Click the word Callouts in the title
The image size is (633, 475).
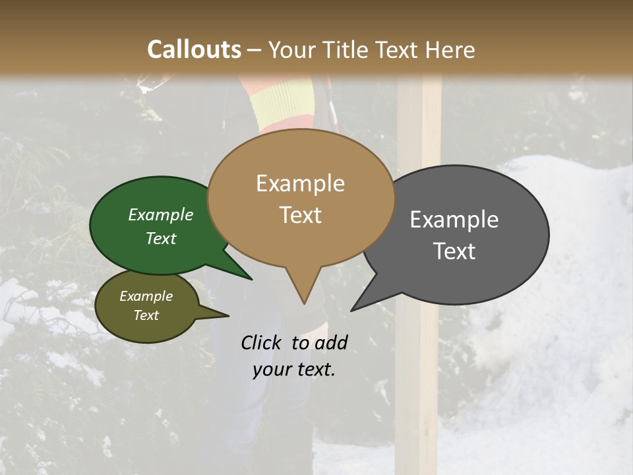(x=194, y=49)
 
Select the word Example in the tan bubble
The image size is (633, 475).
(x=300, y=183)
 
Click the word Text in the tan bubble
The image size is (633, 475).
(x=300, y=215)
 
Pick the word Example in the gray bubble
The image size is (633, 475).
(x=454, y=219)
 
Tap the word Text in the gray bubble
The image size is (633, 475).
(x=454, y=251)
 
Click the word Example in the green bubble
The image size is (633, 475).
(x=161, y=214)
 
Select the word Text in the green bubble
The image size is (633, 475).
(x=161, y=238)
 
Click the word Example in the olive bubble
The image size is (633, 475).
(x=146, y=296)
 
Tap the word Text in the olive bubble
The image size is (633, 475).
(x=146, y=315)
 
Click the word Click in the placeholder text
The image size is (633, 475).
(x=263, y=342)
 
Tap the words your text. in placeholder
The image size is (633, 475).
(x=294, y=369)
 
